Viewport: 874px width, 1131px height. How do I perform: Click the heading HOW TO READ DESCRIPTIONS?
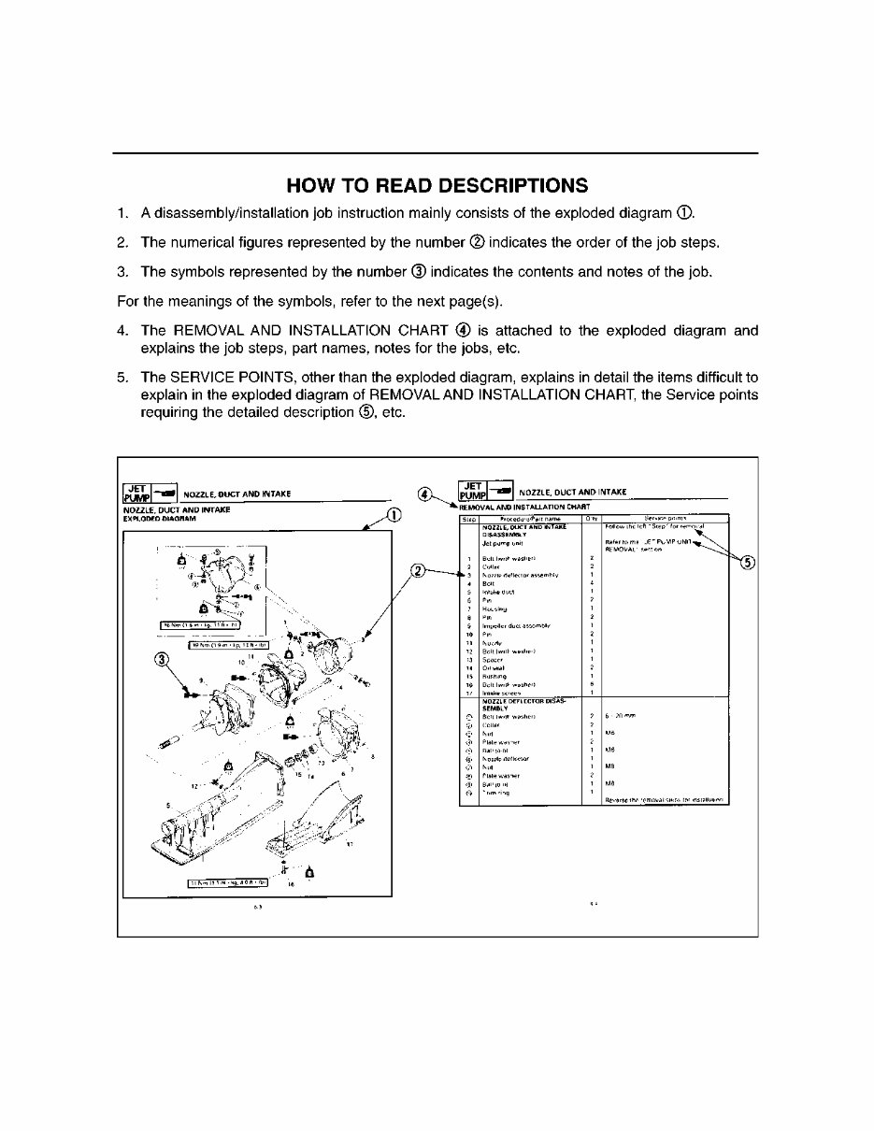point(437,184)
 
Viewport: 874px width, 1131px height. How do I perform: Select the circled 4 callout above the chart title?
point(425,494)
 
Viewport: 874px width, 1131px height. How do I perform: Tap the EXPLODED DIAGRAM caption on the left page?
point(157,518)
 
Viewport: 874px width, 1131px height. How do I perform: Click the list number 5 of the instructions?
point(122,377)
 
